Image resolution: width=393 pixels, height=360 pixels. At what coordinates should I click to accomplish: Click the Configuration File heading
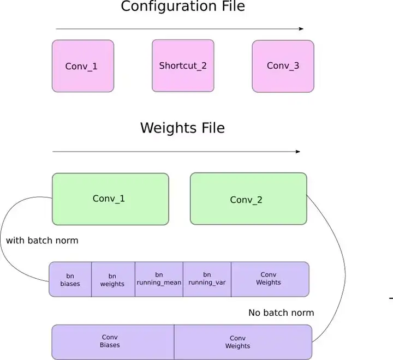coord(182,7)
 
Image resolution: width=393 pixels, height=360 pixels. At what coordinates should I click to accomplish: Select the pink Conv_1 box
coord(83,65)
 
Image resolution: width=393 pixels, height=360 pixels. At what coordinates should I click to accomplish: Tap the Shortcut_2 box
coord(183,65)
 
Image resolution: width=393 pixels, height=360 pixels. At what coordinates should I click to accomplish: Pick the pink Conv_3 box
coord(283,65)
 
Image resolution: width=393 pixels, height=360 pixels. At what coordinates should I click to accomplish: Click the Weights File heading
coord(182,128)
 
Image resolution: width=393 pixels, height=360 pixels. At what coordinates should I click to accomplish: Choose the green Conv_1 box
coord(110,199)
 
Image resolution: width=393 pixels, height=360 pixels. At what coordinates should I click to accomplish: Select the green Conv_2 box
coord(248,199)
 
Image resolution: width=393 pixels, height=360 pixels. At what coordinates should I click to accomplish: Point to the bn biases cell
coord(70,279)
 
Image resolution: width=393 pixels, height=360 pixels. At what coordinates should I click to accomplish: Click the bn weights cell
coord(112,279)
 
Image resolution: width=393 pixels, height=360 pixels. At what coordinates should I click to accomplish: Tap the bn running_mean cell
coord(159,279)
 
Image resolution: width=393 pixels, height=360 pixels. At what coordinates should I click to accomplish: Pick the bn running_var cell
coord(207,279)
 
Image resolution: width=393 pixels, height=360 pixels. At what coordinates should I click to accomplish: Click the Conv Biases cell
coord(112,341)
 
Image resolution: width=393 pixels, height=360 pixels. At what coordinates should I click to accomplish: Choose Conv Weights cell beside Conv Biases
coord(243,342)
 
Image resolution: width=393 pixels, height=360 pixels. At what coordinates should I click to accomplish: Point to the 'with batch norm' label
coord(42,241)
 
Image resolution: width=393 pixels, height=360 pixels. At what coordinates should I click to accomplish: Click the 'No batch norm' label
coord(281,313)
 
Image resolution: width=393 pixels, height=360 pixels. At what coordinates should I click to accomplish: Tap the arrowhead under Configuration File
coord(301,28)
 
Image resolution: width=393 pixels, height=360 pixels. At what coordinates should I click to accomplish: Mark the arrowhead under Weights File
coord(298,151)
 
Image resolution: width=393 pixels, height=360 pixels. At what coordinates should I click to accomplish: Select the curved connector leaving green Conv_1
coord(5,240)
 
